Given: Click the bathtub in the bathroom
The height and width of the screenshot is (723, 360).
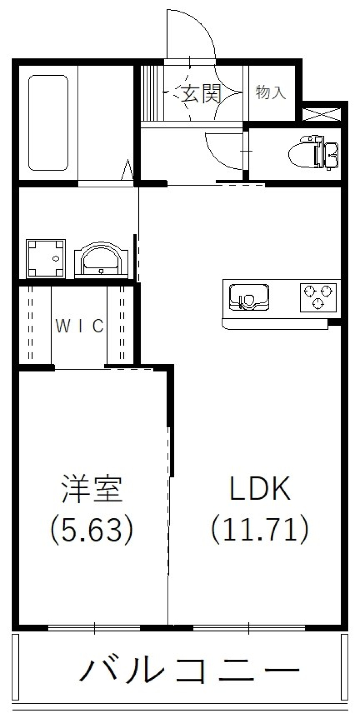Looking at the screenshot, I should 48,123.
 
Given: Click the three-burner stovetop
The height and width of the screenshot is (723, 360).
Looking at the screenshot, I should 318,298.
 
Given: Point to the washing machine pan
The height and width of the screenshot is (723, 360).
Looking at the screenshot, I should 45,258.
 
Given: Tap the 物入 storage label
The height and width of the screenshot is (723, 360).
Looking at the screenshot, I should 271,92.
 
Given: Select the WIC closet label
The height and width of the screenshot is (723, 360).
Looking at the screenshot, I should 79,326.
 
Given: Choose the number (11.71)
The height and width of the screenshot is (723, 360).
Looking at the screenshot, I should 260,528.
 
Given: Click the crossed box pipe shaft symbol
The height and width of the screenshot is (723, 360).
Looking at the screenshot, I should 322,114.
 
